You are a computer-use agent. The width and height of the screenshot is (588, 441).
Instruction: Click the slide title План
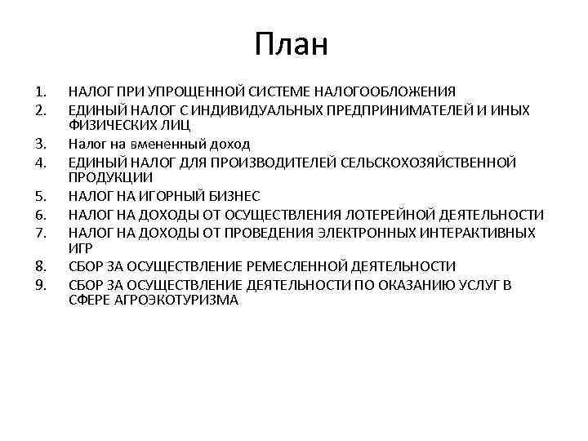[x=291, y=44]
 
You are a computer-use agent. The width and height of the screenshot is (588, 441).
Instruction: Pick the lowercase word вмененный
[x=166, y=144]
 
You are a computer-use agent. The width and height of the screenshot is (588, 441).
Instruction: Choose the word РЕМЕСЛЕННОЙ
[x=296, y=267]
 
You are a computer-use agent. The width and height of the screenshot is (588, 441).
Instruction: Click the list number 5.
[x=41, y=196]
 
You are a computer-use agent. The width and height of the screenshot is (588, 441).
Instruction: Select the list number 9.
[x=41, y=285]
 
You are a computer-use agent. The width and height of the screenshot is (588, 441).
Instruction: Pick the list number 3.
[x=41, y=144]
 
